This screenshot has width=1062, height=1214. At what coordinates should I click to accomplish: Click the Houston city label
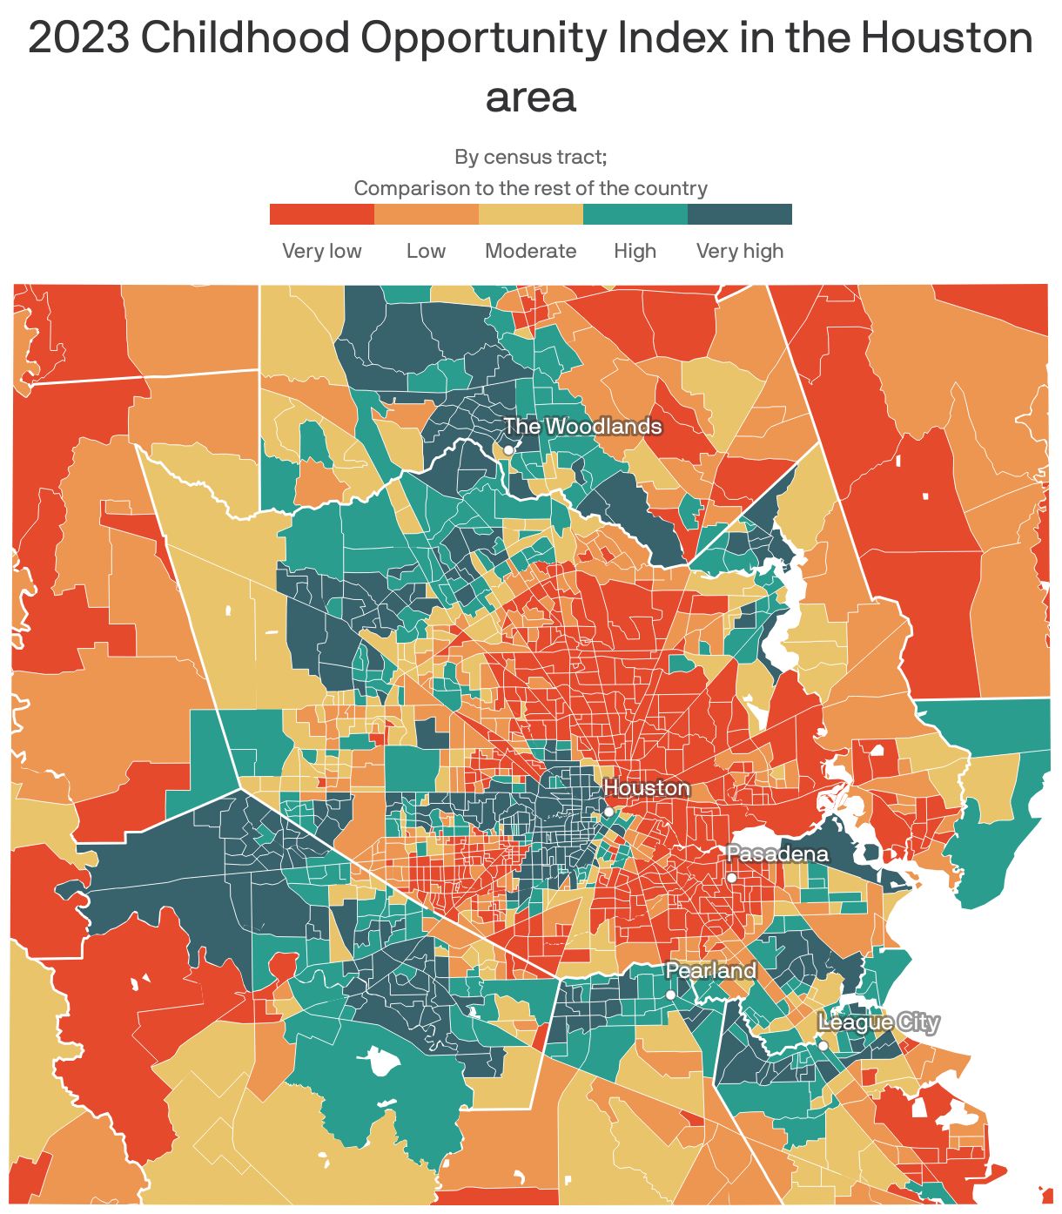coord(646,788)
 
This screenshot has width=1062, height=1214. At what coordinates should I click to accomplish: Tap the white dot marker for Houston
coord(608,812)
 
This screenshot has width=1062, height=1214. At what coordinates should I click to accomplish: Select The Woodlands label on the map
coord(582,427)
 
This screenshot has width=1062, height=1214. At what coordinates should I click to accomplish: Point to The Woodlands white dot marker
coord(508,450)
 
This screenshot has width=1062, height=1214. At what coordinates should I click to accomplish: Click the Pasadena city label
coord(777,854)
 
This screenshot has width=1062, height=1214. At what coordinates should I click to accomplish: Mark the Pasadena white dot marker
coord(732,878)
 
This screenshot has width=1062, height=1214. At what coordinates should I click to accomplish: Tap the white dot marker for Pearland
coord(670,995)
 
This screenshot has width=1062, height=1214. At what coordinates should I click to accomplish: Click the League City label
coord(878,1022)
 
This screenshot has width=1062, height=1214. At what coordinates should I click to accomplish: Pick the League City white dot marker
coord(823,1046)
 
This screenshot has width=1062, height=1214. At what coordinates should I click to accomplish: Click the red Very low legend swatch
coord(322,214)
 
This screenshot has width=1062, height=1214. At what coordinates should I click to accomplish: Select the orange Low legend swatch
coord(427,214)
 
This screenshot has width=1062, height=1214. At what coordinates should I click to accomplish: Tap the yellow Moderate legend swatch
coord(531,214)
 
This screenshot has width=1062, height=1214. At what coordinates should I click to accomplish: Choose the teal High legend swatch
coord(635,214)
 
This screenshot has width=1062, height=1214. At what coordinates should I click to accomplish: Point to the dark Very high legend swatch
coord(740,214)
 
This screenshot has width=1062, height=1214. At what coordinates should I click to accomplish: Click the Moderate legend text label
coord(531,251)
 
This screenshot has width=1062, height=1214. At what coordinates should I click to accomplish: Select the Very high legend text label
coord(740,251)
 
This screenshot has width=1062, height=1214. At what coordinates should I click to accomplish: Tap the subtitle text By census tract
coord(531,157)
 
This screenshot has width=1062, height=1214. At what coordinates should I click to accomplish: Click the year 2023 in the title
coord(78,38)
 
